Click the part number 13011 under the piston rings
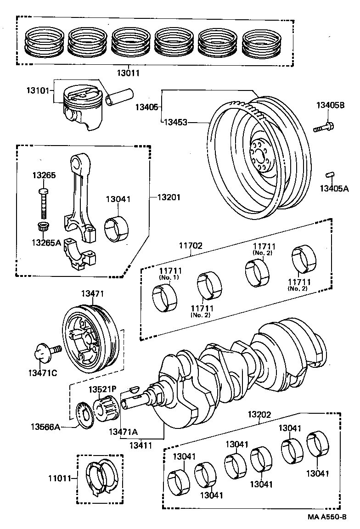pos(129,73)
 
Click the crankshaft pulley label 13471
pos(93,293)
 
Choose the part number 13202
pos(260,415)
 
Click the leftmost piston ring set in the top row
pos(44,44)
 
